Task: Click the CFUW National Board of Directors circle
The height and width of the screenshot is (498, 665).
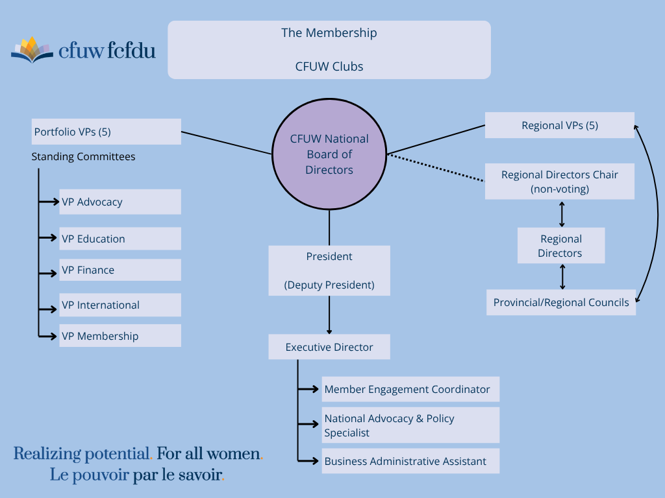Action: tap(329, 154)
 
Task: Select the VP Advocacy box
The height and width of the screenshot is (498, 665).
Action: tap(120, 202)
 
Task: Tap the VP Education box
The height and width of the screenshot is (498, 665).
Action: tap(120, 239)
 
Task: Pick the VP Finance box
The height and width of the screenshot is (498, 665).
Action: tap(120, 270)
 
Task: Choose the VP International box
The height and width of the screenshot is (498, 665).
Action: tap(120, 305)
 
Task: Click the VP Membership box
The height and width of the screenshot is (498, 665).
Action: tap(120, 335)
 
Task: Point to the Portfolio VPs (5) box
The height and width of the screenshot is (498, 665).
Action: tap(107, 132)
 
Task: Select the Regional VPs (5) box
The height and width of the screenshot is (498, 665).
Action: tap(559, 125)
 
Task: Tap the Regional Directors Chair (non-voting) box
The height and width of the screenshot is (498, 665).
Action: tap(559, 182)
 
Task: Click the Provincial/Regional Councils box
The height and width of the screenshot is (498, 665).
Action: tap(560, 302)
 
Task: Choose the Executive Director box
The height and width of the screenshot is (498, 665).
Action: tap(329, 347)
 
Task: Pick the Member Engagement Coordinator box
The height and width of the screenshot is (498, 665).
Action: tap(410, 389)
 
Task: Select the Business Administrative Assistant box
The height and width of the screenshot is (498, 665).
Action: tap(410, 461)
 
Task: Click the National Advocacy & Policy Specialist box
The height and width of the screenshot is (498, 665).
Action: tap(410, 425)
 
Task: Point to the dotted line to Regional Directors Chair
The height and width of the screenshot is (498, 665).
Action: tap(436, 168)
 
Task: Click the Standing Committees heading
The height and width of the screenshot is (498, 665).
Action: tap(83, 157)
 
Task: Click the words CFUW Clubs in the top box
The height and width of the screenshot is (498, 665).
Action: tap(329, 67)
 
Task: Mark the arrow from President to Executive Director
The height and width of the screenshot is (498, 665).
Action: tap(329, 315)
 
